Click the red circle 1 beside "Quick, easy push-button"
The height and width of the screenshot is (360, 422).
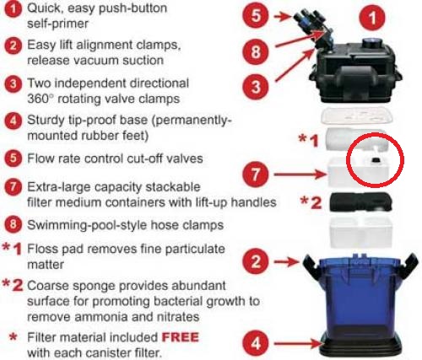[x=13, y=9]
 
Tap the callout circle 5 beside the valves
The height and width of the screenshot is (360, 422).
[x=256, y=15]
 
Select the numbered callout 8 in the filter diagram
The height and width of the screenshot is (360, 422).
[x=256, y=52]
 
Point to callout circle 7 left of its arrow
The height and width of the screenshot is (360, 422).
[x=256, y=174]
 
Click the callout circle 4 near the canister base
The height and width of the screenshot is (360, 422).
[x=256, y=343]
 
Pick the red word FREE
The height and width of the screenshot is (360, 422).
[x=181, y=337]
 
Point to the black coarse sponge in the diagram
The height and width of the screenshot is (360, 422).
[x=361, y=201]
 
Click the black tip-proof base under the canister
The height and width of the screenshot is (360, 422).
[x=361, y=345]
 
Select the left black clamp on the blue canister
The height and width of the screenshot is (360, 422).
[x=311, y=263]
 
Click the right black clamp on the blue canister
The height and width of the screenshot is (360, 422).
[x=409, y=263]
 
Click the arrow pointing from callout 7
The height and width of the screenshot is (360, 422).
[x=300, y=175]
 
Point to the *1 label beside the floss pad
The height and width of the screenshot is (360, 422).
[x=309, y=140]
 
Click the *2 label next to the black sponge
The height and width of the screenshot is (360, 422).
[x=311, y=202]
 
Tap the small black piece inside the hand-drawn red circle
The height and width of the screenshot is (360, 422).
[x=375, y=160]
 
